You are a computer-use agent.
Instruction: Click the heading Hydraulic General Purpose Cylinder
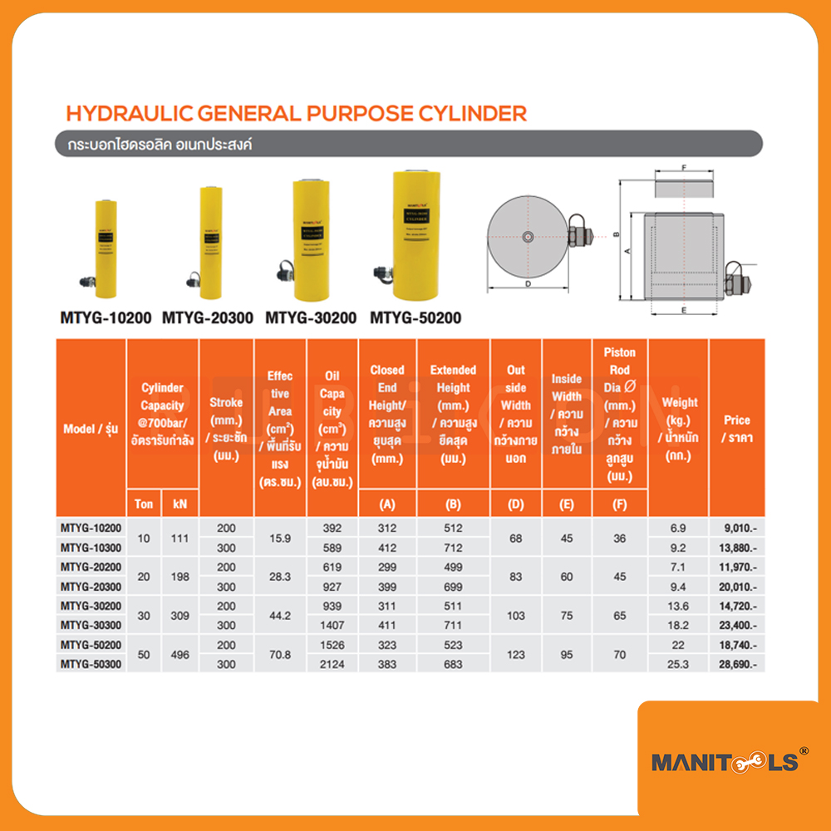point(296,113)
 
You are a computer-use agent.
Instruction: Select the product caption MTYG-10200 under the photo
point(105,317)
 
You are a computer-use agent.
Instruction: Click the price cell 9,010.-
point(735,529)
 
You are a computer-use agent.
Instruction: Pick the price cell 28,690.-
point(735,664)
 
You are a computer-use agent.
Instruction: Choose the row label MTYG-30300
point(91,625)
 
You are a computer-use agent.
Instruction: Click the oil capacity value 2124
point(332,664)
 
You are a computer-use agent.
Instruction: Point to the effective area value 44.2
point(280,616)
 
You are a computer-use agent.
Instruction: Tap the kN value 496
point(180,655)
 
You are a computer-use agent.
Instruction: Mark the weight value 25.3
point(677,664)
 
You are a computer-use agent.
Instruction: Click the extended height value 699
point(453,587)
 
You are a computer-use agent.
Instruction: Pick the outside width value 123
point(515,655)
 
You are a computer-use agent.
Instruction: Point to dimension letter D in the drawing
point(529,284)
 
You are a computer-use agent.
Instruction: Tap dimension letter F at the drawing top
point(682,167)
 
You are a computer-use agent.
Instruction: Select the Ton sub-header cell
point(145,504)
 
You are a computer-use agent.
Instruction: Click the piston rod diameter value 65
point(619,616)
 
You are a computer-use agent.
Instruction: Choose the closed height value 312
point(387,529)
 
